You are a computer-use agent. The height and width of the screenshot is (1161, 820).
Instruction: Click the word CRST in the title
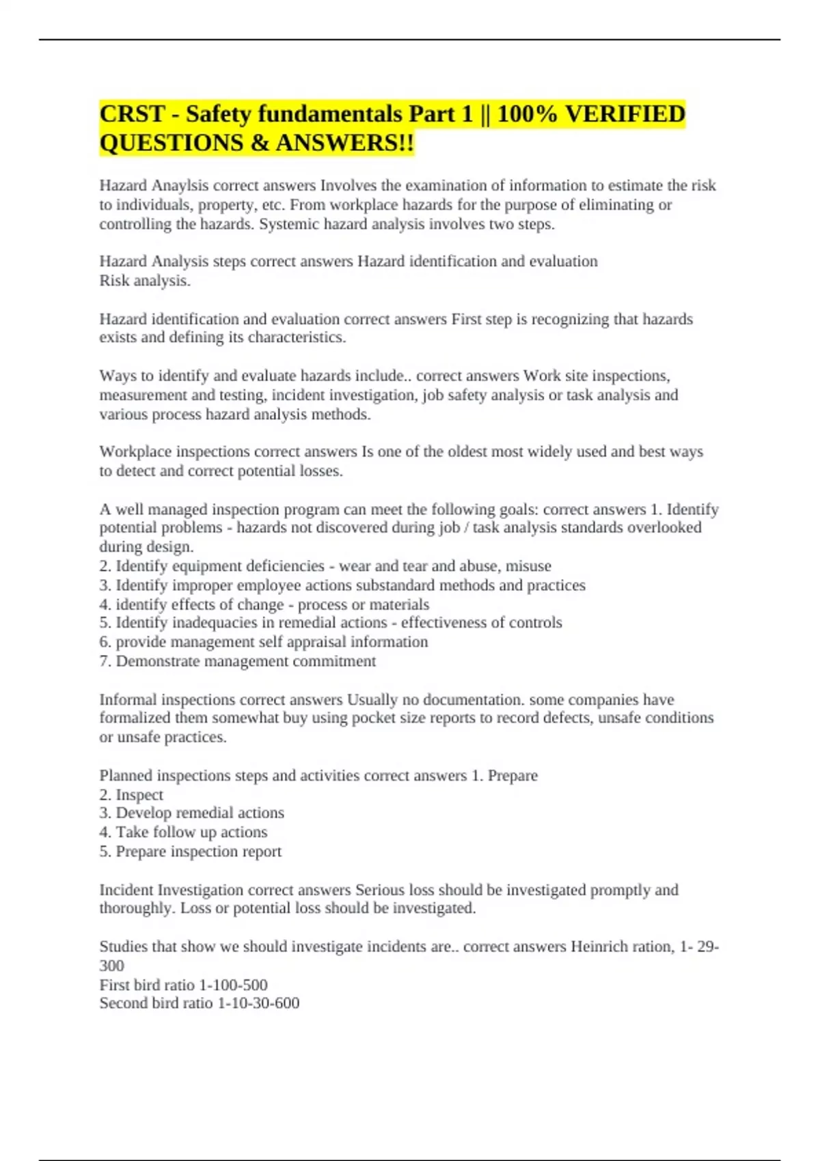[x=132, y=114]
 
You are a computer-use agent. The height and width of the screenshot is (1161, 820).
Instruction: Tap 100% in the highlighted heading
[x=527, y=114]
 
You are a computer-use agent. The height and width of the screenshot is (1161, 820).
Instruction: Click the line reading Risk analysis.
[x=145, y=281]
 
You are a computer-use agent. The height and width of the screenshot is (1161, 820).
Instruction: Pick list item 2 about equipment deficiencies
[x=325, y=566]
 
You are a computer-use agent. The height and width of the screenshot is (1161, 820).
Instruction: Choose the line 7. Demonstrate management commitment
[x=238, y=661]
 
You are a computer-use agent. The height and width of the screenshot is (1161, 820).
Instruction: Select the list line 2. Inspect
[x=131, y=795]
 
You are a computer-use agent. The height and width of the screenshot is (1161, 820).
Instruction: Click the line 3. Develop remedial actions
[x=191, y=813]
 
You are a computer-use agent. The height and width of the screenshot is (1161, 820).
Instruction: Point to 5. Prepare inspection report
[x=190, y=852]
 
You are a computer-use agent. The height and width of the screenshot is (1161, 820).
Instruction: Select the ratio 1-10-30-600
[x=258, y=1003]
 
